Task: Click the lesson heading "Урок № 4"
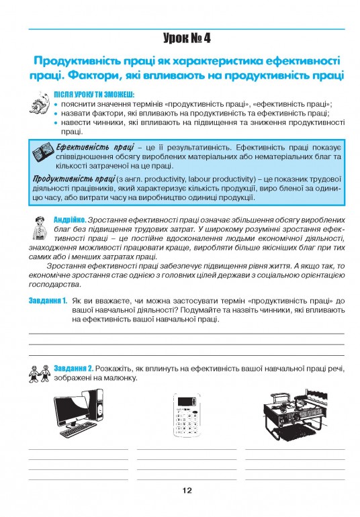187,38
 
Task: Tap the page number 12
187,490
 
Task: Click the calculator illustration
187,415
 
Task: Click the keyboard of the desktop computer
79,430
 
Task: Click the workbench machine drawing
296,414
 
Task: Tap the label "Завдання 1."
48,301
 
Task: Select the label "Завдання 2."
74,369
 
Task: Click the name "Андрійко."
70,220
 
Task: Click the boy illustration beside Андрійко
40,228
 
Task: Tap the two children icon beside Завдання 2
39,373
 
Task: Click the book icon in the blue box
43,152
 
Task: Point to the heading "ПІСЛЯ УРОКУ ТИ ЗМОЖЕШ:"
95,95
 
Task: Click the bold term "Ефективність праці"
95,147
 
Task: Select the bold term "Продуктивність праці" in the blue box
74,179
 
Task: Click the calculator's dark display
187,402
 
